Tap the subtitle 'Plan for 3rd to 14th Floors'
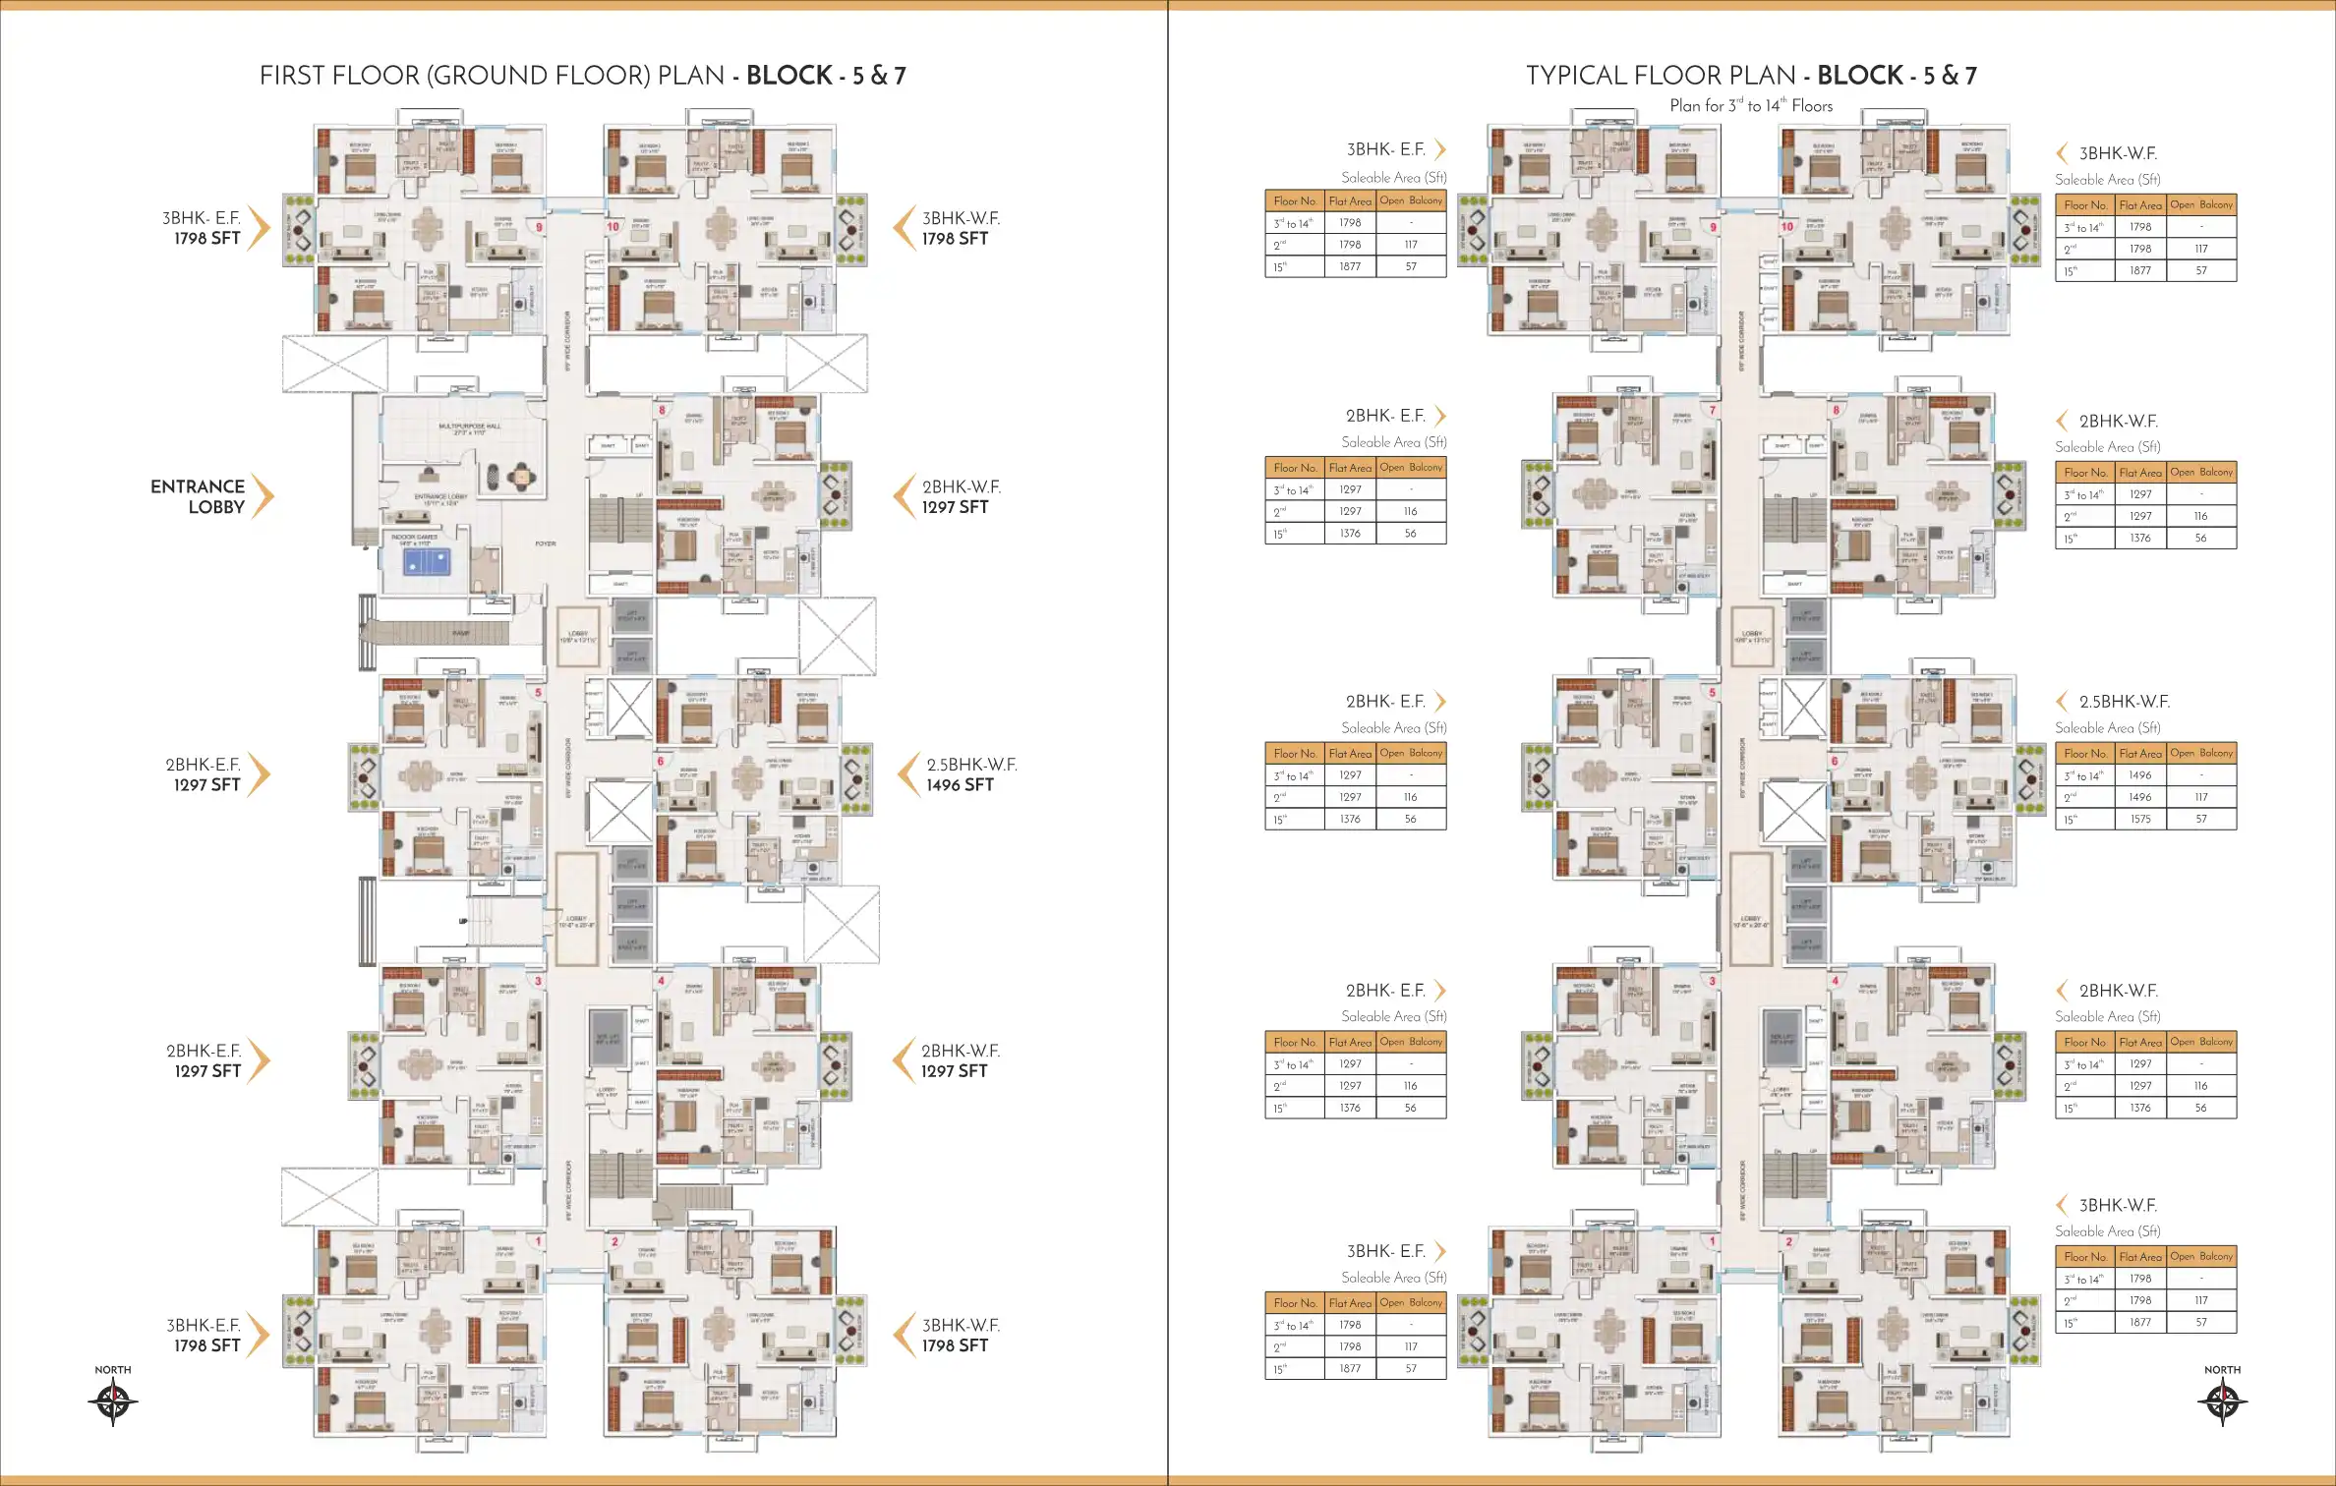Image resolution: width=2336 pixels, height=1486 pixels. click(x=1751, y=105)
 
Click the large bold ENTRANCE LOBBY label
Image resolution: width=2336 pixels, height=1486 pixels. click(x=198, y=496)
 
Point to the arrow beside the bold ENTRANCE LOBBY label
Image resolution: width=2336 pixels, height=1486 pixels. click(x=262, y=495)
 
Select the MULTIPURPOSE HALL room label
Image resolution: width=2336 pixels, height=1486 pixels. click(x=469, y=427)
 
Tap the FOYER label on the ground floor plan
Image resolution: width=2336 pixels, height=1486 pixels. click(x=546, y=543)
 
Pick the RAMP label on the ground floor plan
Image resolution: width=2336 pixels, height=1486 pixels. click(x=460, y=633)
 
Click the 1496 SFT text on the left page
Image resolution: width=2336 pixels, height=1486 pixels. click(x=960, y=785)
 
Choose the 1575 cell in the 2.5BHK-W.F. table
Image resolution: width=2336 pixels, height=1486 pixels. click(x=2140, y=819)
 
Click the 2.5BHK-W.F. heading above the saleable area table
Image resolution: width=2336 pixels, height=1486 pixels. click(x=2124, y=702)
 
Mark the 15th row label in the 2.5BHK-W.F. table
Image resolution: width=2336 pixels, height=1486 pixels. click(x=2071, y=820)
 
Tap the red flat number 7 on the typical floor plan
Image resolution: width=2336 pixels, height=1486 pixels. click(x=1713, y=410)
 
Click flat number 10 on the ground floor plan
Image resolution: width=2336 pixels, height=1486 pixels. click(x=613, y=226)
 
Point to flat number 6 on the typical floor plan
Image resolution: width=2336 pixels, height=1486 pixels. click(x=1835, y=761)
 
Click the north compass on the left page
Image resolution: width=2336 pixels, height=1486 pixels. click(x=113, y=1401)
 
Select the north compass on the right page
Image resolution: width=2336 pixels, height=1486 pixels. click(x=2222, y=1401)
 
